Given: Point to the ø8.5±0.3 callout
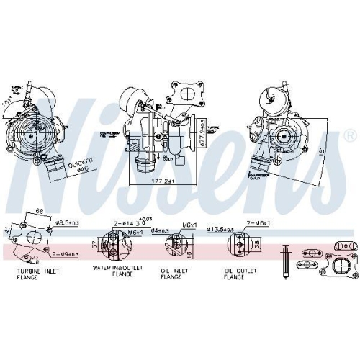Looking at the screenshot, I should (68, 224).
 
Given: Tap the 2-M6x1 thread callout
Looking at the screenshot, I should (256, 224).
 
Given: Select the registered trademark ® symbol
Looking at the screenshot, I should (350, 135).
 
